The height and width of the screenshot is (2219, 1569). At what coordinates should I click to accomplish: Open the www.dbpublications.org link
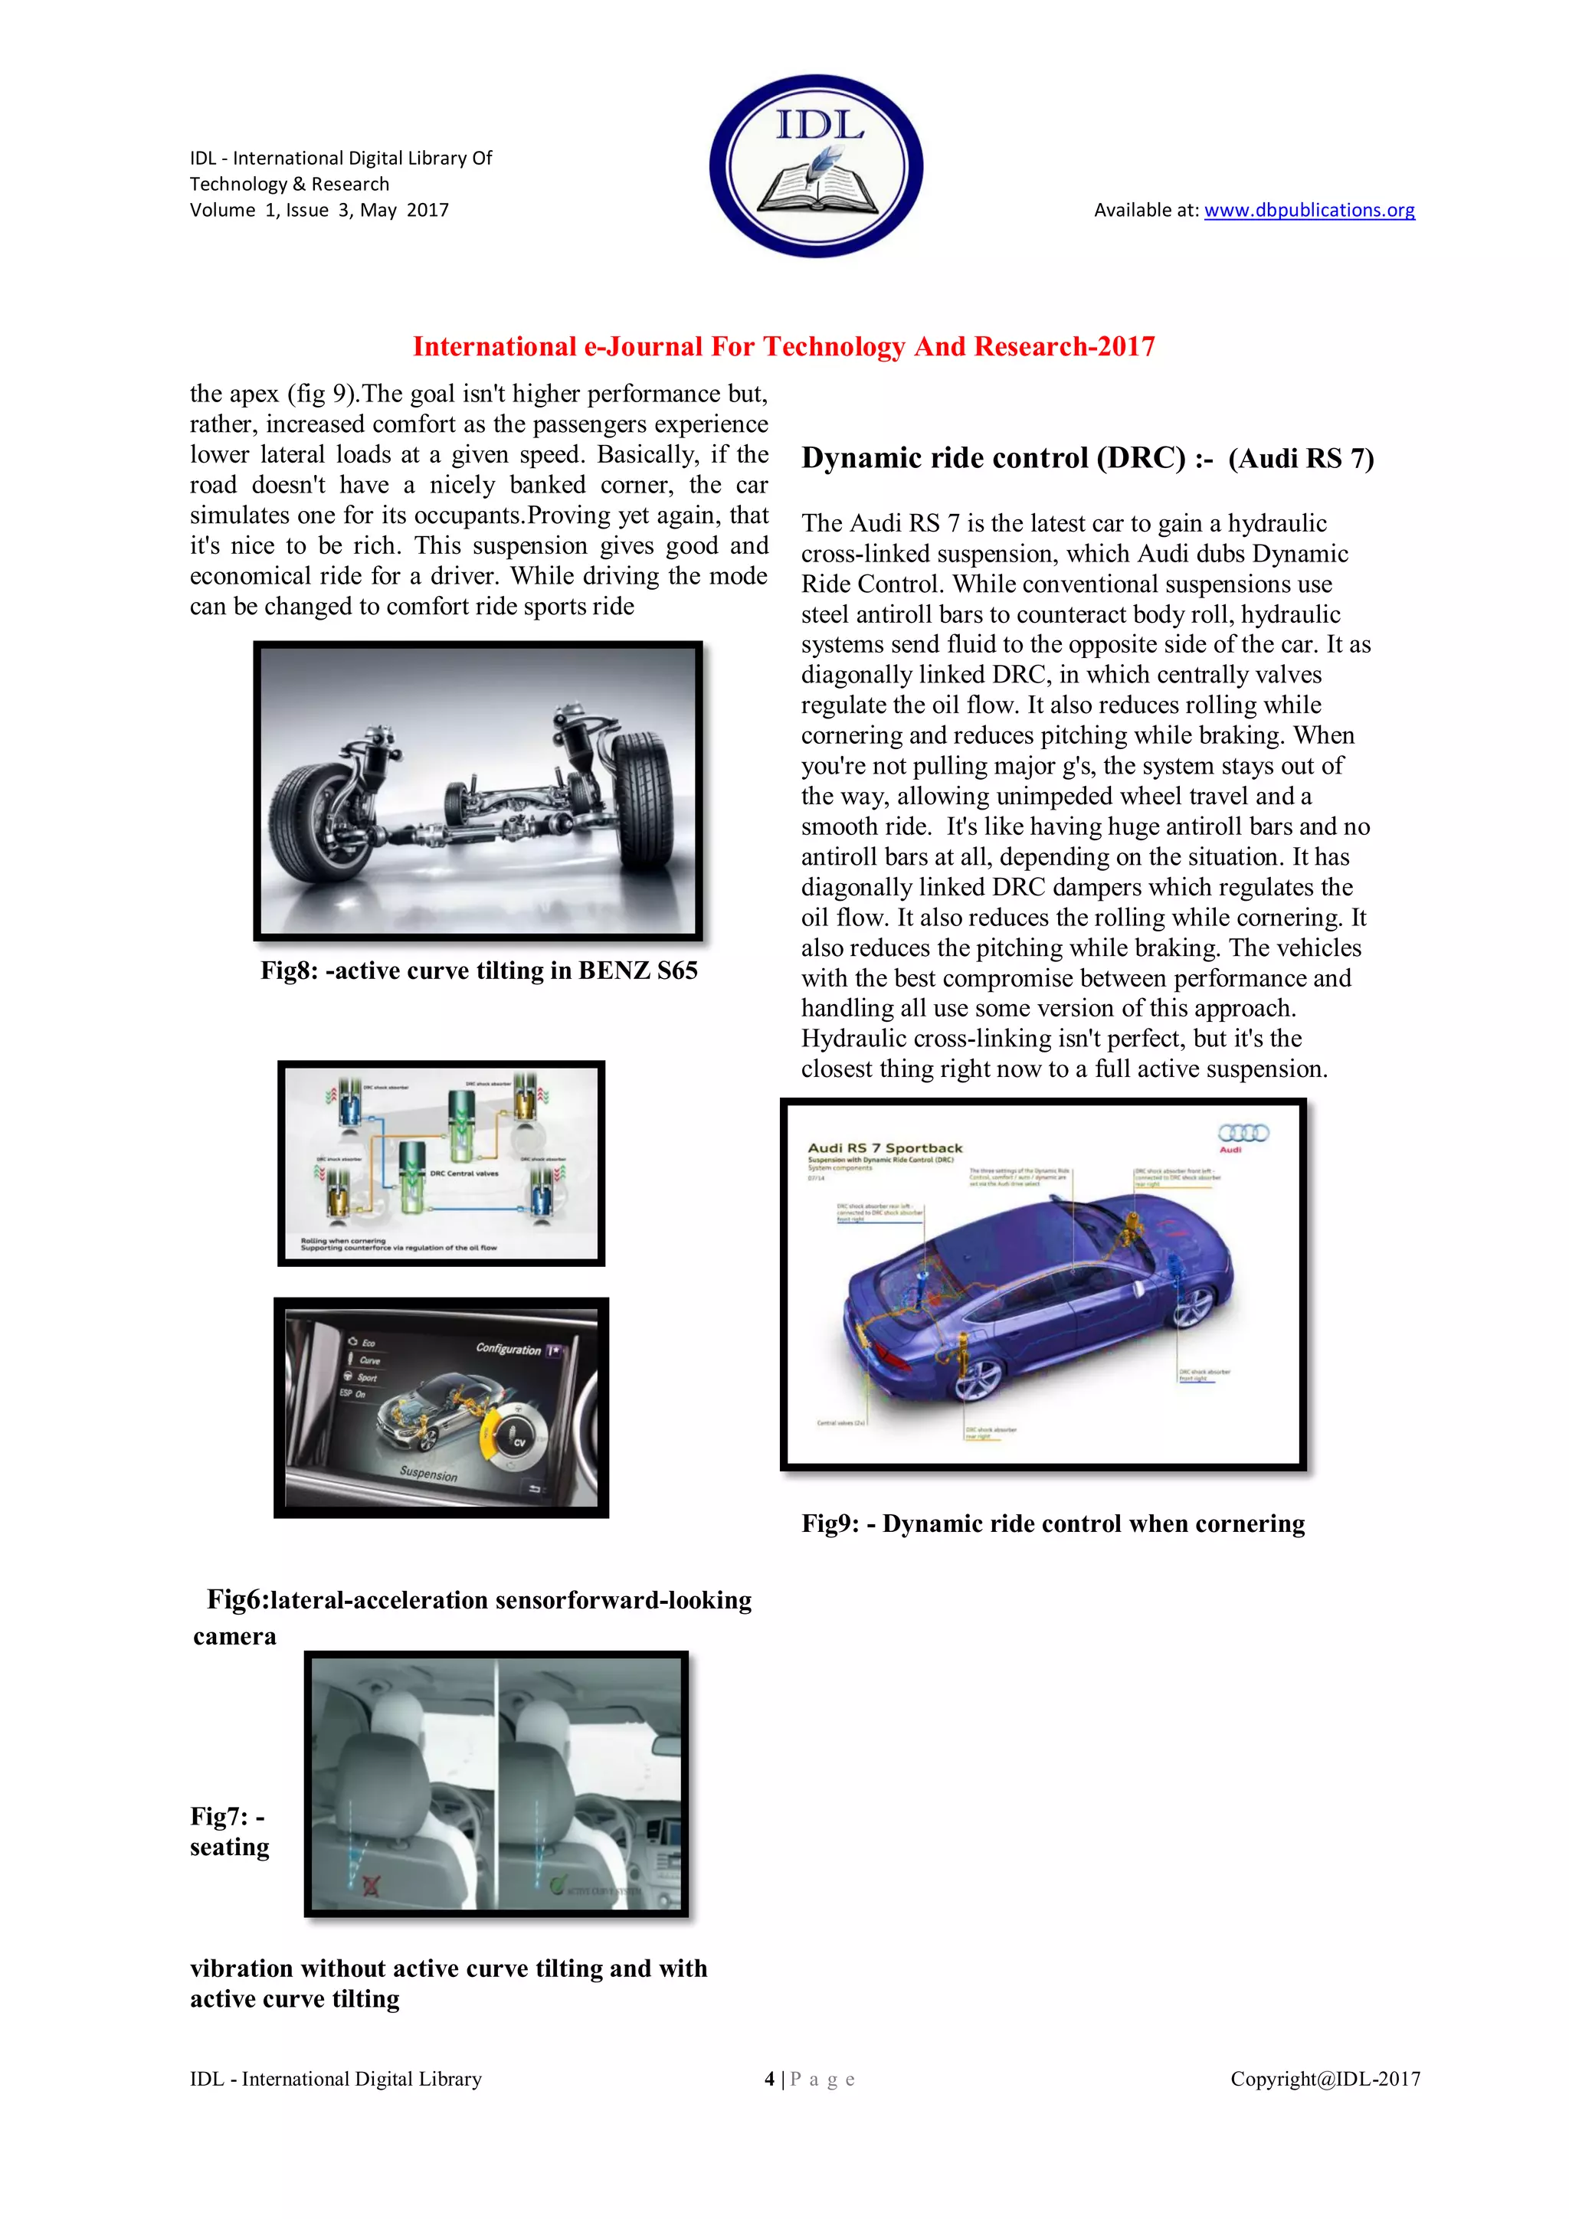click(x=1309, y=210)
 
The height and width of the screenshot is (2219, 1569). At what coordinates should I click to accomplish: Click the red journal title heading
click(x=783, y=346)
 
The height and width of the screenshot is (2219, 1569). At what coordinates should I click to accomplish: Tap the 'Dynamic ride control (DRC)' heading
click(x=993, y=457)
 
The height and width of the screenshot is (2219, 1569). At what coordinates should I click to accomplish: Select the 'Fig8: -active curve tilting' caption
click(x=479, y=970)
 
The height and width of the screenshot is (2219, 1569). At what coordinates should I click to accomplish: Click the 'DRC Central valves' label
click(x=464, y=1173)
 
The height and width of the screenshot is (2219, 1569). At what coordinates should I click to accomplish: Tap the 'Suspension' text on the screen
click(x=428, y=1474)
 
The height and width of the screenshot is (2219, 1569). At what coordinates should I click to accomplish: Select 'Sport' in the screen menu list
click(x=366, y=1377)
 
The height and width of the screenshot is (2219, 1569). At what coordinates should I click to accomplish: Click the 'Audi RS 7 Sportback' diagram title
click(x=885, y=1148)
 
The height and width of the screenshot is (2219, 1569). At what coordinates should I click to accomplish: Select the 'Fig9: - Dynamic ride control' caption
click(x=1052, y=1524)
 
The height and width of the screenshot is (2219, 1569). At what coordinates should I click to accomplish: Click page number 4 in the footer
click(x=769, y=2079)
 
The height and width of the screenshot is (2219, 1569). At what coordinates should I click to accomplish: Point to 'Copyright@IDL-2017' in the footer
click(x=1325, y=2079)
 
